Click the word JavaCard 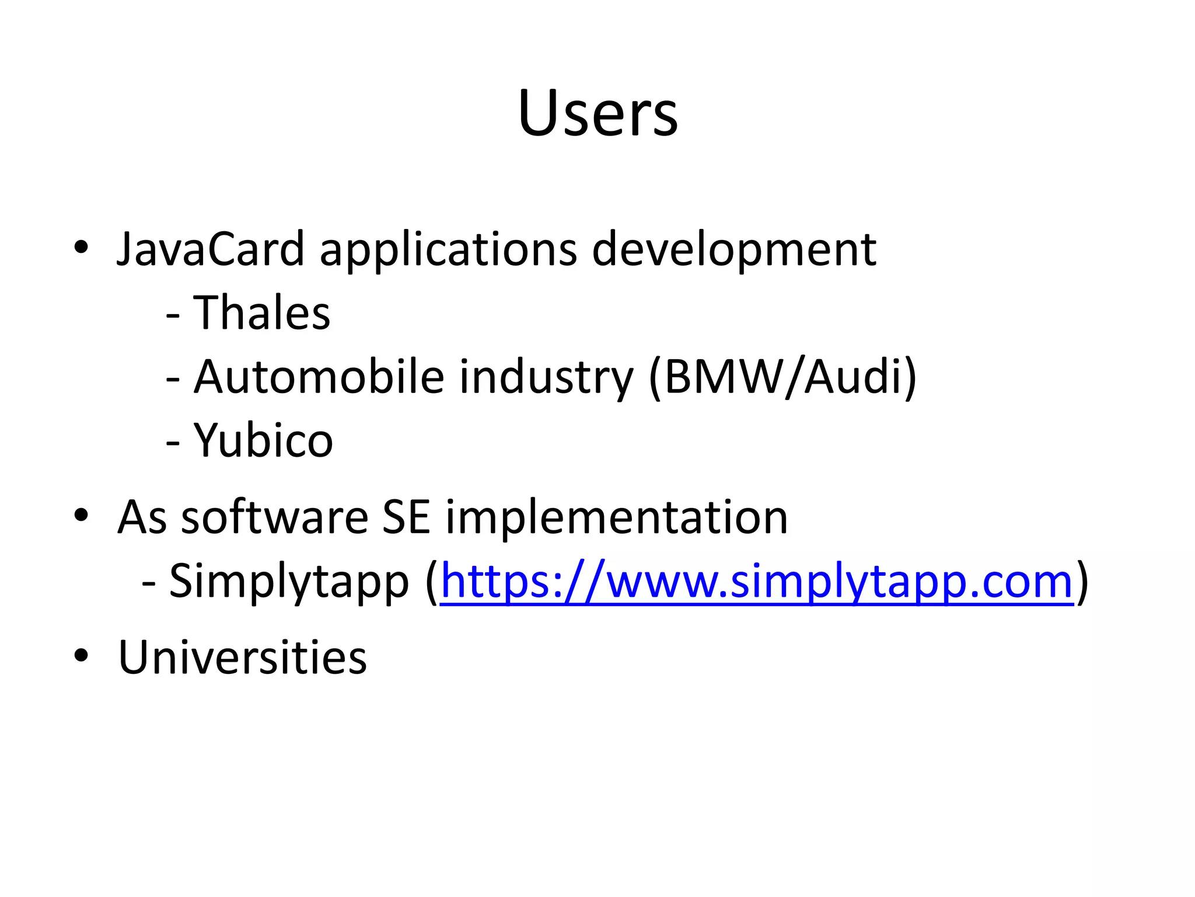point(211,249)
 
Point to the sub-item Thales point(261,312)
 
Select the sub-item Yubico point(263,441)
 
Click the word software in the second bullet point(275,517)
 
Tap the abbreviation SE point(406,517)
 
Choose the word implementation point(616,519)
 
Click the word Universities point(242,658)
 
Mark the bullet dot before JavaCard point(81,248)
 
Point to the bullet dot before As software point(81,516)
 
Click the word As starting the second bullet point(142,517)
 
